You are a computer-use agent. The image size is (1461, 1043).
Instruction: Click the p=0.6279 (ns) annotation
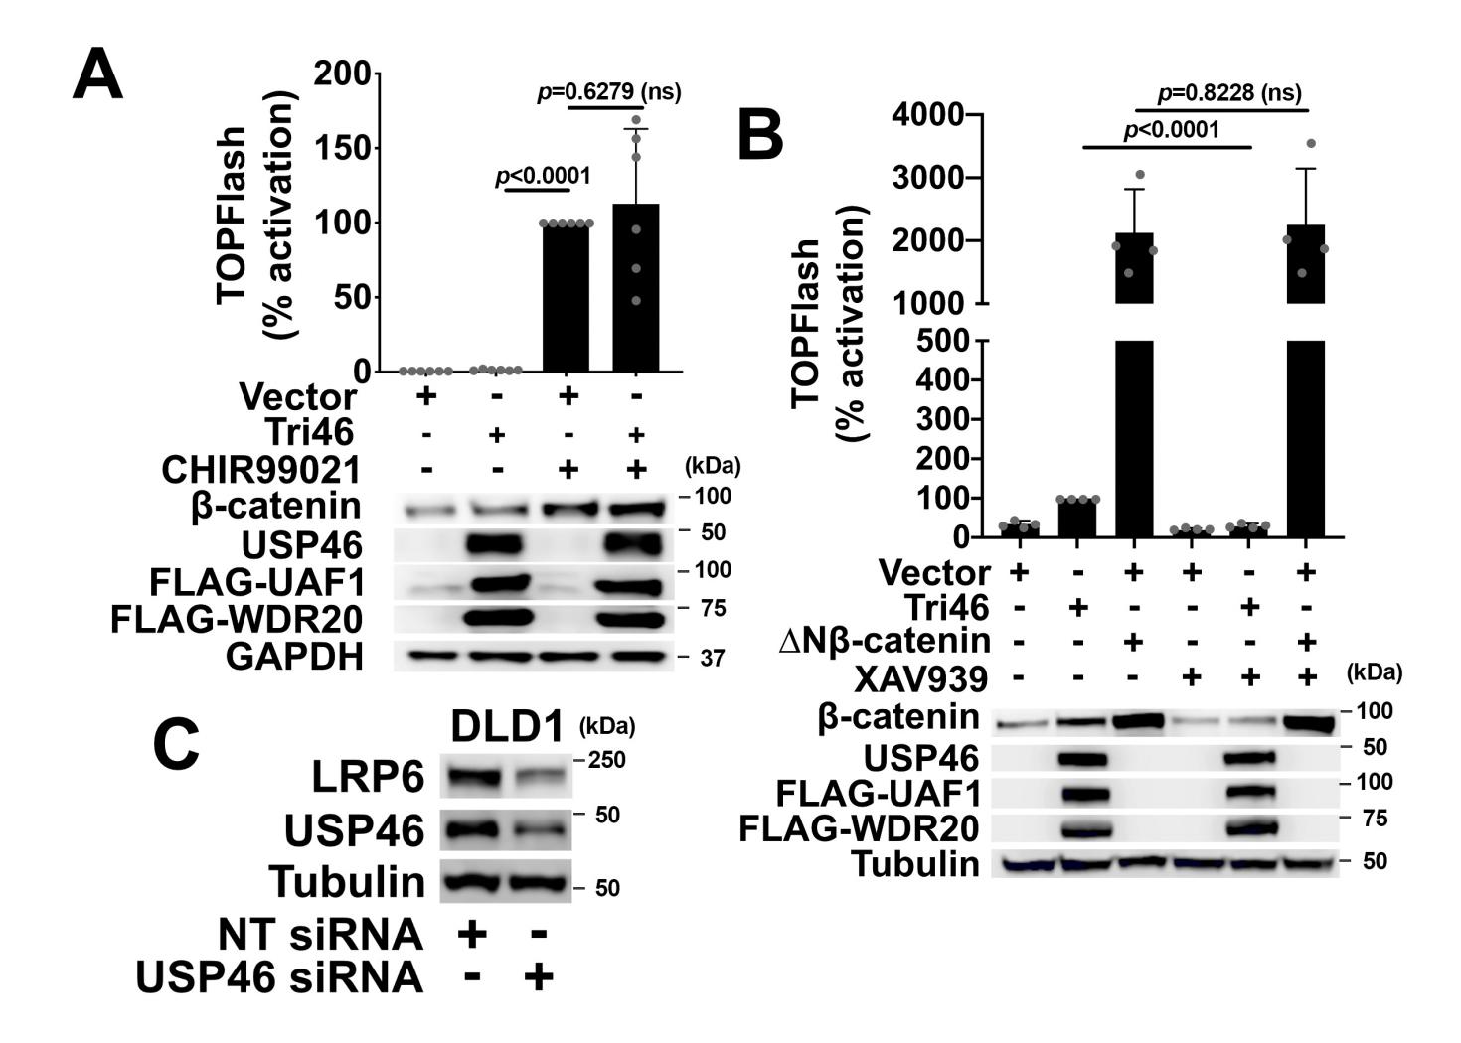tap(608, 92)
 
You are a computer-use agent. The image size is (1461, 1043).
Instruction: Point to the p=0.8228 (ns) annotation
tap(1229, 93)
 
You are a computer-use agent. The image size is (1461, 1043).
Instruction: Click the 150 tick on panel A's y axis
tap(342, 148)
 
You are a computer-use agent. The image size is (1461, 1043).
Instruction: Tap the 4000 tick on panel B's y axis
tap(927, 115)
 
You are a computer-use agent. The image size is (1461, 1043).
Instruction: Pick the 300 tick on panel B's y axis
tap(943, 420)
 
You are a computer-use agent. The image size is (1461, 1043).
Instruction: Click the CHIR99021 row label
tap(260, 470)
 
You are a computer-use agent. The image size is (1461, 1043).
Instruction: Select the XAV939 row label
tap(921, 679)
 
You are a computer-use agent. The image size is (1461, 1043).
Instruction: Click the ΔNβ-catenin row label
tap(885, 642)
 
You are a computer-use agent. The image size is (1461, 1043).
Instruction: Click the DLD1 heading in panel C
tap(508, 727)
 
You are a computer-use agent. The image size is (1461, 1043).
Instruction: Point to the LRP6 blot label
tap(369, 777)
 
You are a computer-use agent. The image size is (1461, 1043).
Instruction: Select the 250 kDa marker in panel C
tap(606, 760)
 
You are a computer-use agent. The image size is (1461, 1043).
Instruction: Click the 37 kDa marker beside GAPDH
tap(712, 658)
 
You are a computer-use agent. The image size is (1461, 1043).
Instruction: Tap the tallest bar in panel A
tap(635, 288)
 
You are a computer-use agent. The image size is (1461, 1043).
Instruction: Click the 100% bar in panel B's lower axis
tap(1076, 519)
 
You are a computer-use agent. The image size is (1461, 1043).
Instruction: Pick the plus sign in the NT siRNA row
tap(472, 935)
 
